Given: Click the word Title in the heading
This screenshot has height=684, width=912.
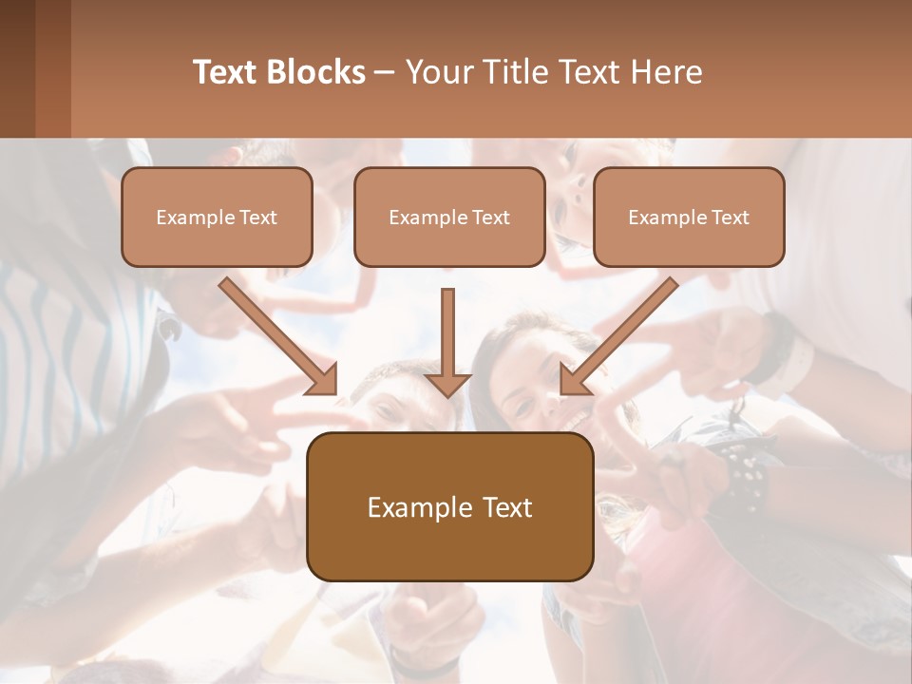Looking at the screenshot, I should [x=510, y=72].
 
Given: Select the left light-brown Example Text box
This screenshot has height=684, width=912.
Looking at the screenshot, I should [x=217, y=217].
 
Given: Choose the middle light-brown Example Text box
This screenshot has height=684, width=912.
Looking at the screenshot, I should [x=449, y=217].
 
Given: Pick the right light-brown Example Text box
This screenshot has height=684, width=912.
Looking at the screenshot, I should [x=689, y=217].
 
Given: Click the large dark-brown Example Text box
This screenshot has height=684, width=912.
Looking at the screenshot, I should [x=449, y=506].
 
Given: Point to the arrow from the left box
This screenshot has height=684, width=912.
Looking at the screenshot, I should [x=275, y=334].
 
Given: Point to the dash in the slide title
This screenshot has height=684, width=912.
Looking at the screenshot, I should [x=385, y=73].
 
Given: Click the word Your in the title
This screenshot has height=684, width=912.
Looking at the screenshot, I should [x=438, y=72].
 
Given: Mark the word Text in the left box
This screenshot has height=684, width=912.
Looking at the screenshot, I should [x=258, y=218].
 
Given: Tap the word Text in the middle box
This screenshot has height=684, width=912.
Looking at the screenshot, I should [x=491, y=218].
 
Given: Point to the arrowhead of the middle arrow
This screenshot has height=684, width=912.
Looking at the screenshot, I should [x=447, y=383].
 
